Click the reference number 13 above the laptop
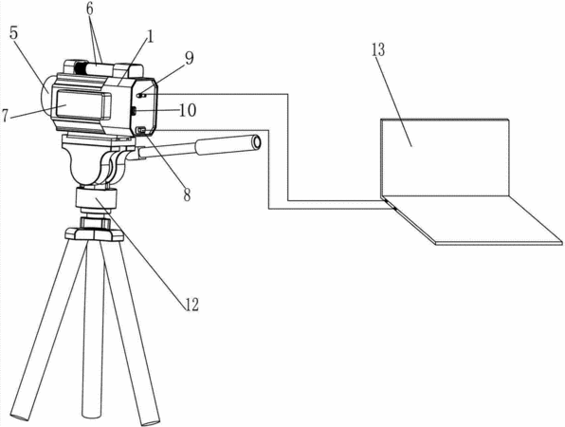coord(378,50)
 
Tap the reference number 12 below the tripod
coord(191,306)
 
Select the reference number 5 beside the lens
coord(13,33)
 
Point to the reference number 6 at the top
coord(89,9)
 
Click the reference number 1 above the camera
coord(150,36)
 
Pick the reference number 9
coord(190,58)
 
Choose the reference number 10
coord(188,110)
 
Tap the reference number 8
coord(187,195)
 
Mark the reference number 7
coord(5,116)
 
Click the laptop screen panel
coord(445,158)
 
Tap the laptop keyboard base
coord(473,221)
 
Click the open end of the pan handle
coord(256,142)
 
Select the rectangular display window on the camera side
coord(82,105)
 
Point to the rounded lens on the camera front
coord(46,95)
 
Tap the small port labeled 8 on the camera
coord(141,129)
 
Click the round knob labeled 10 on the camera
coord(133,111)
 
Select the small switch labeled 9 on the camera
coord(141,96)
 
